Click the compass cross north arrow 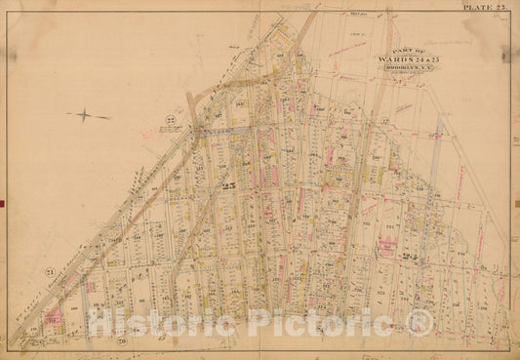[x=88, y=114]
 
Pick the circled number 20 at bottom [x=121, y=340]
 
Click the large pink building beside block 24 [x=387, y=244]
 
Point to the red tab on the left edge [x=2, y=203]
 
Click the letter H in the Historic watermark [x=100, y=323]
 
